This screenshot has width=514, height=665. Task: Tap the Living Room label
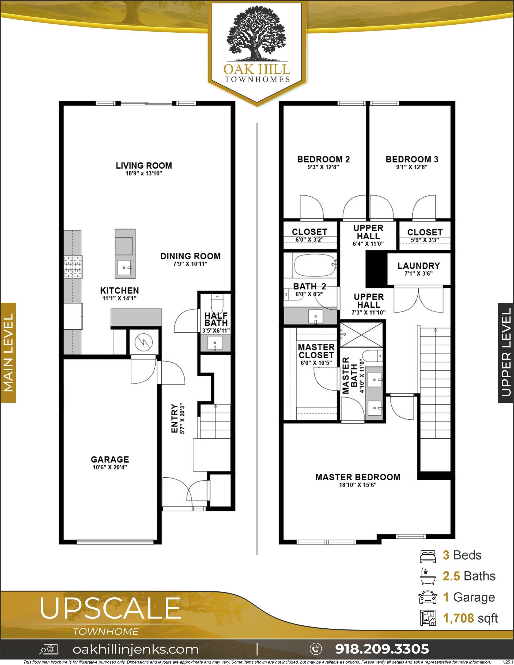tap(144, 166)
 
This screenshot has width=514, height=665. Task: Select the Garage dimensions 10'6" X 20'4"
tap(110, 467)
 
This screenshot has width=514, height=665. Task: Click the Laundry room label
tap(419, 266)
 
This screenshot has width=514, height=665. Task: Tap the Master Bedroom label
tap(358, 477)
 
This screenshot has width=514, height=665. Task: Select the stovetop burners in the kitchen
tap(73, 267)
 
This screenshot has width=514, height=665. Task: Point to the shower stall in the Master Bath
tap(361, 335)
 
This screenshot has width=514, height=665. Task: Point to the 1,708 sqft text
tap(470, 618)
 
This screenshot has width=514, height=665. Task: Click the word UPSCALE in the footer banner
tap(110, 608)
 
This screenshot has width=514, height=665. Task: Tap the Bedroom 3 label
tap(412, 159)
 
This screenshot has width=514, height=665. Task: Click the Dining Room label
tap(190, 256)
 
